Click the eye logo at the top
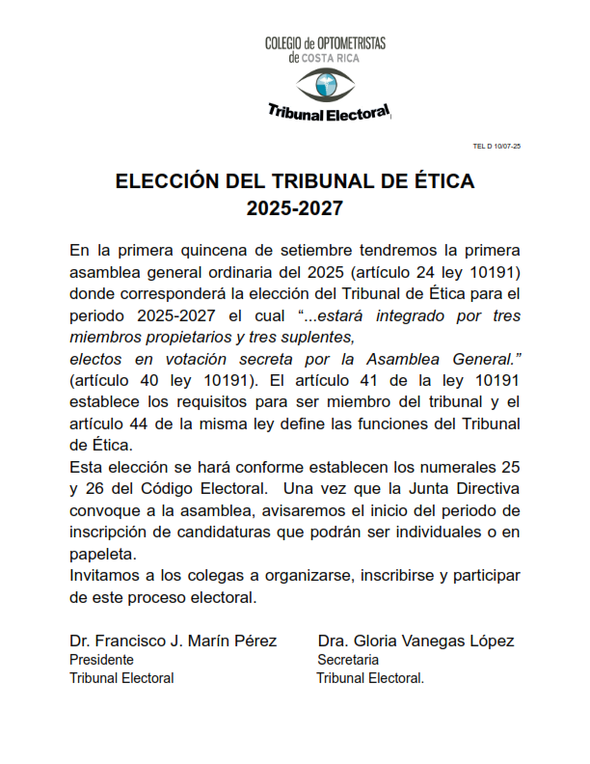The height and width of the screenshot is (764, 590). click(x=327, y=84)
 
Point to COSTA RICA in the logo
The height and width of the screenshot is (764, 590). click(x=333, y=58)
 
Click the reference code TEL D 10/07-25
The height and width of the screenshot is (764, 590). click(x=496, y=146)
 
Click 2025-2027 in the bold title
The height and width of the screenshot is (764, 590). click(x=295, y=207)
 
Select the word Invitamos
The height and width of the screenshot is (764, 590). click(x=108, y=576)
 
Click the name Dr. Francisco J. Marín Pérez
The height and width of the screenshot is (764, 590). click(x=174, y=641)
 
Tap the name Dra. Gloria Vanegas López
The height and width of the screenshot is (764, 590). click(x=416, y=641)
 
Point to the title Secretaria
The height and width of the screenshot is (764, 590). click(x=348, y=660)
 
